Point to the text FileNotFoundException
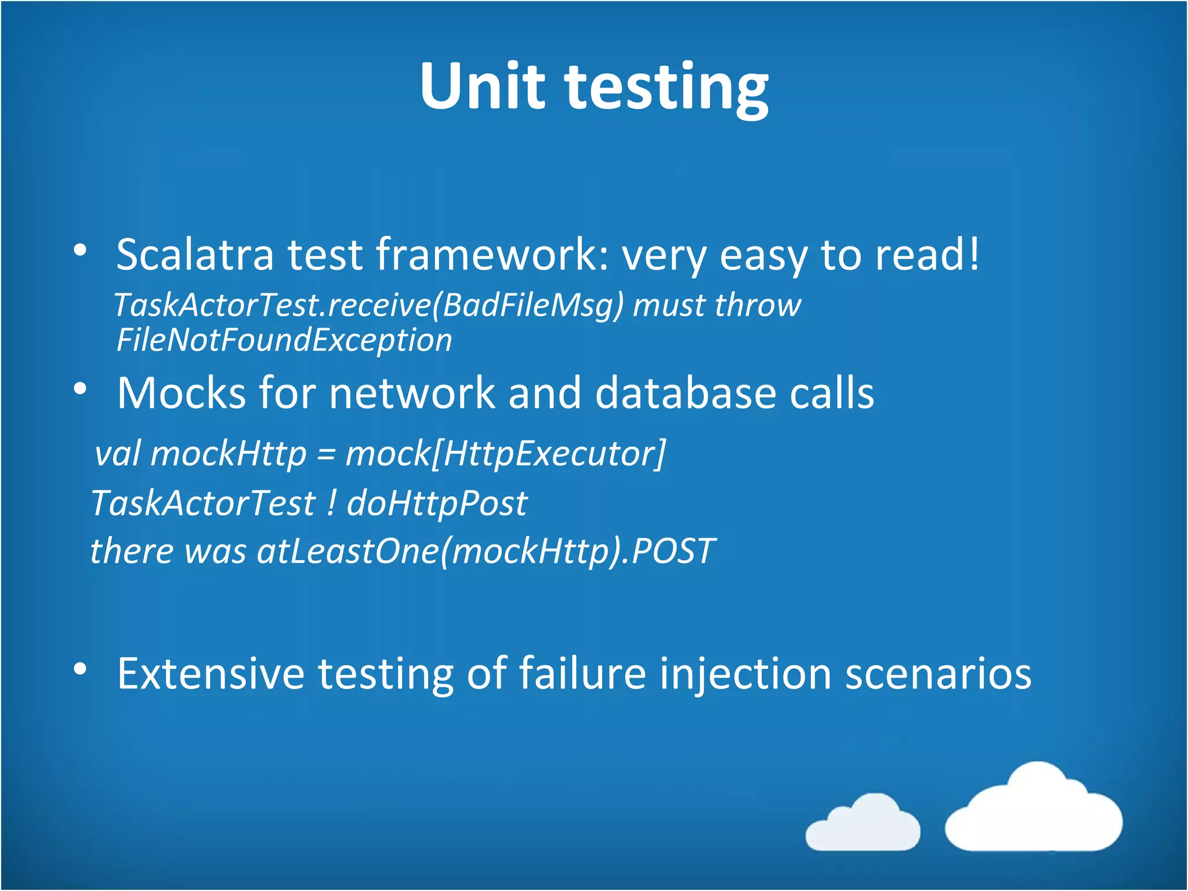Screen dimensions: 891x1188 pos(284,341)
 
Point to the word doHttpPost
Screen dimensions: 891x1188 pos(437,504)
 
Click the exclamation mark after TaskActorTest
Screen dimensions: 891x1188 pos(331,502)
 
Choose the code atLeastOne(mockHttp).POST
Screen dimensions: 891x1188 pos(486,551)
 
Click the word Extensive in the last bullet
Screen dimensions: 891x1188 pos(211,674)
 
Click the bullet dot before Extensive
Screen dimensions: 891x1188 pos(80,669)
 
